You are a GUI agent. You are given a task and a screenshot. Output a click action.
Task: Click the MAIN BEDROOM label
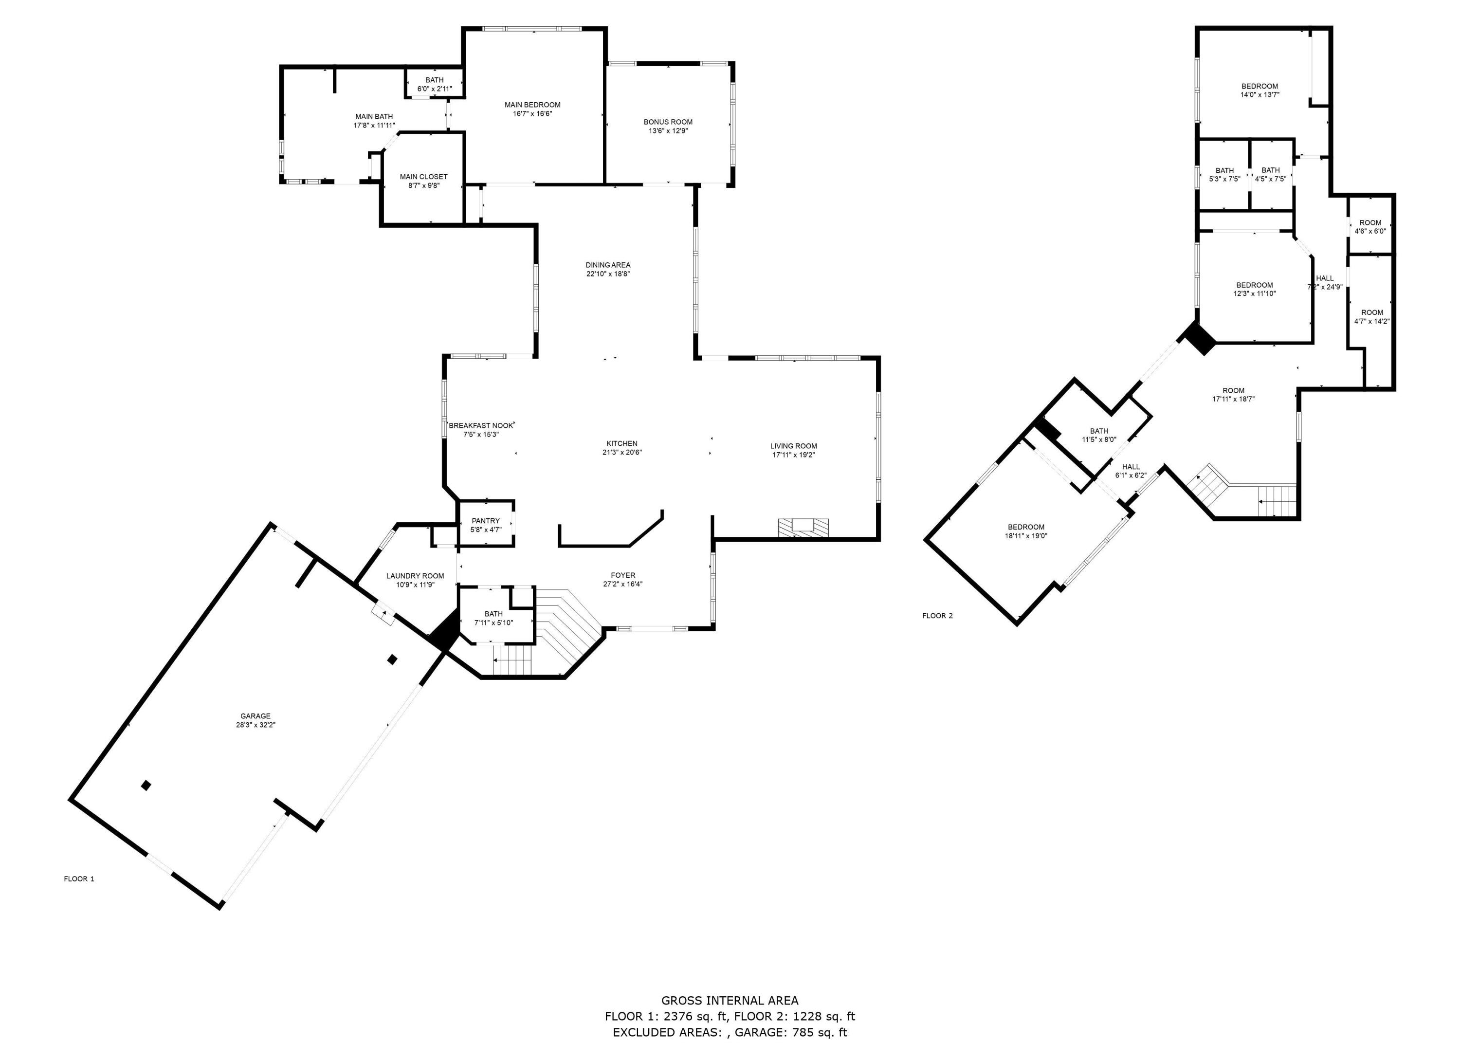click(532, 105)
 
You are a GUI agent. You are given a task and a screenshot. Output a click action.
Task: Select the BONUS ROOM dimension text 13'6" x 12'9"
click(668, 131)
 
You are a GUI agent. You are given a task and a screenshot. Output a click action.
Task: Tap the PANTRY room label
click(485, 521)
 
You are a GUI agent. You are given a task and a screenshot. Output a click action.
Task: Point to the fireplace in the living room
click(803, 527)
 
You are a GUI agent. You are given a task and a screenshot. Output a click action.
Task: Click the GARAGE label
click(255, 715)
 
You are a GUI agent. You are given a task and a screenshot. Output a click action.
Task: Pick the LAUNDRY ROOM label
click(415, 576)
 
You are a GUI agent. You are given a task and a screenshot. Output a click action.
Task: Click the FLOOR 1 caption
click(79, 878)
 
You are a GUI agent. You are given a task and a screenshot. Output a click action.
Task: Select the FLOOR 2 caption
click(937, 615)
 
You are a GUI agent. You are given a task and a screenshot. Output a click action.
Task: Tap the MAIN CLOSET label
click(423, 177)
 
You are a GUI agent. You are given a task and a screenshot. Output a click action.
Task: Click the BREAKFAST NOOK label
click(481, 426)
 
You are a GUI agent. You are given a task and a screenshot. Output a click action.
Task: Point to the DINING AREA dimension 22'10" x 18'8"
click(607, 274)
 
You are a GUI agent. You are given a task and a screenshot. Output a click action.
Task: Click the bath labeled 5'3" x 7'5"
click(1224, 175)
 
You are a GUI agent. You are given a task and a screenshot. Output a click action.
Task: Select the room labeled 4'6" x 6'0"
click(1370, 227)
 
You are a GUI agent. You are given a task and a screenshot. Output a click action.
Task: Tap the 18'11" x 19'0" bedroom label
click(1026, 531)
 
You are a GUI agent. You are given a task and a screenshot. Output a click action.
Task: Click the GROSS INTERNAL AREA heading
click(730, 1000)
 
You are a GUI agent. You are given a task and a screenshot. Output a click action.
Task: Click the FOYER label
click(623, 575)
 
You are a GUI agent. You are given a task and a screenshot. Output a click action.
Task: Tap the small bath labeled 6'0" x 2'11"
click(434, 84)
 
